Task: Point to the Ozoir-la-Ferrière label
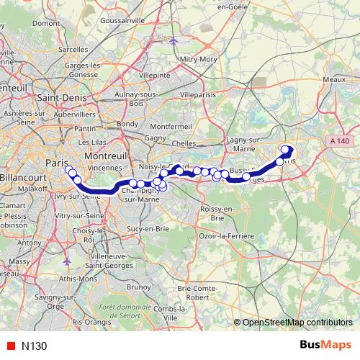pos(228,235)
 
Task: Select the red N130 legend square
pos(9,345)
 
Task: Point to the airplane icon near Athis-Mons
pos(68,262)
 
